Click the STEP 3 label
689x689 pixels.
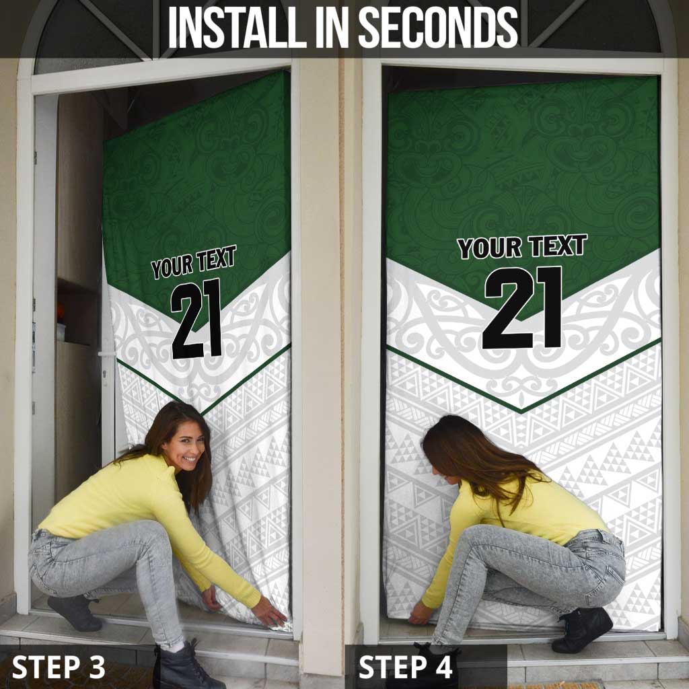coord(59,667)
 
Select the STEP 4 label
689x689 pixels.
coord(405,667)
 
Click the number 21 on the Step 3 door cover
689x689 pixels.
coord(196,318)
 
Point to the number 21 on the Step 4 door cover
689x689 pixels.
coord(523,307)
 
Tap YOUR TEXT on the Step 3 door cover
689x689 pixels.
coord(193,262)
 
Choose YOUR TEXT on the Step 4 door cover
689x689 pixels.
coord(522,247)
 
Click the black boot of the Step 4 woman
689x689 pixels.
coord(582,630)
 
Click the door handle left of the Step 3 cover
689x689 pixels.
coord(106,354)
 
